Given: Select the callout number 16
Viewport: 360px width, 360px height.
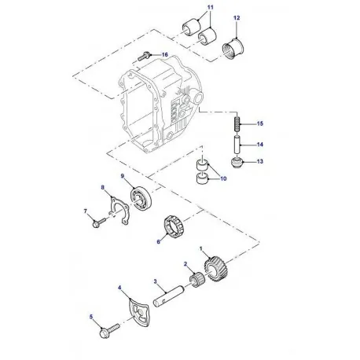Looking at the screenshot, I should (165, 54).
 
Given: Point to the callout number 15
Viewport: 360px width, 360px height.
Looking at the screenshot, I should (261, 124).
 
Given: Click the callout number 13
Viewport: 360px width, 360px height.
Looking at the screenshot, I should (261, 162).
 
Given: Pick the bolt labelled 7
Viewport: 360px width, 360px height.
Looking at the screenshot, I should (95, 223).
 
